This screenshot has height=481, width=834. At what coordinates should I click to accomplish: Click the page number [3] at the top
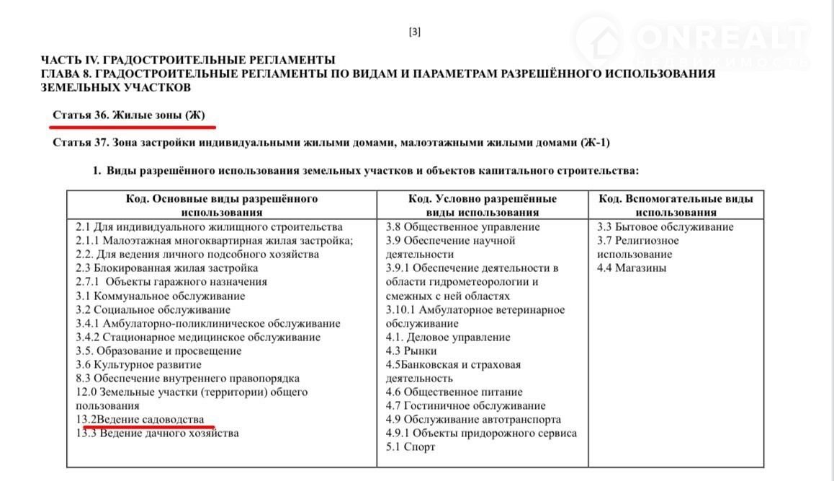click(414, 31)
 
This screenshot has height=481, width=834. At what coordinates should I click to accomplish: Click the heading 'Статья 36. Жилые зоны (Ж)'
click(133, 115)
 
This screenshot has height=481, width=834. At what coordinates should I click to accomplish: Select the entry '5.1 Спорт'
click(411, 447)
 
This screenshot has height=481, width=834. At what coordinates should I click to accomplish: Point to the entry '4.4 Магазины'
click(632, 268)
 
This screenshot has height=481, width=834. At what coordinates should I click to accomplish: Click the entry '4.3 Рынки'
click(411, 350)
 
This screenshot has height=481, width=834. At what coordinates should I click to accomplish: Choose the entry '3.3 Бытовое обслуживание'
click(665, 226)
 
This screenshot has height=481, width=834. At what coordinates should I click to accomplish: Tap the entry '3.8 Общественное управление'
click(462, 226)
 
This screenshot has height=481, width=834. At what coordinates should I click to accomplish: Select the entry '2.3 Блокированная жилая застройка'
click(166, 268)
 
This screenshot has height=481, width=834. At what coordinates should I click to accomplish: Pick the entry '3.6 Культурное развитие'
click(138, 364)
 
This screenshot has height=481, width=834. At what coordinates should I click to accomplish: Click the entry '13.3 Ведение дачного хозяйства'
click(157, 433)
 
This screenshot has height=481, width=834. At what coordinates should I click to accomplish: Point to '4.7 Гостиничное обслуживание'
click(465, 405)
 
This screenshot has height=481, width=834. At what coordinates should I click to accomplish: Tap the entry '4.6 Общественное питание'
click(454, 392)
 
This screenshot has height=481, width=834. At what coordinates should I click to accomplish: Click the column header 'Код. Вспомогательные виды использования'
click(676, 205)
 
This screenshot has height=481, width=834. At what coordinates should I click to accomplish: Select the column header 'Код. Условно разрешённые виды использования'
click(482, 205)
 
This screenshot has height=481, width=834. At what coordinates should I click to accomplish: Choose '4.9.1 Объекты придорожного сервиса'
click(481, 433)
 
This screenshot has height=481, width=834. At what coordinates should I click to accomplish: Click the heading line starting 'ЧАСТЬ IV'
click(188, 60)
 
